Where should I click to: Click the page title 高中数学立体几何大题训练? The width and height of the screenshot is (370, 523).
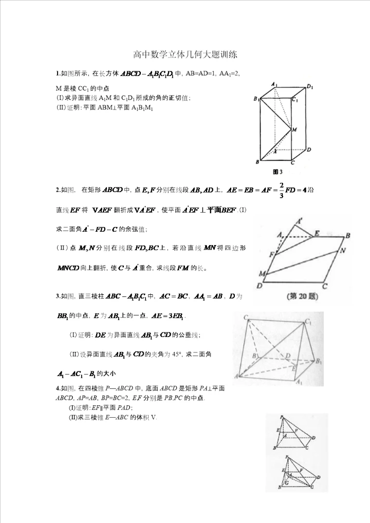185,53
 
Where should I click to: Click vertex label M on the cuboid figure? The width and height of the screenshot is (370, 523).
294,130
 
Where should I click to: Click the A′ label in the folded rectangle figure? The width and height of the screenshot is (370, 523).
299,221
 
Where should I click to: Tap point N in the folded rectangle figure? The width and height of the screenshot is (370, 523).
343,251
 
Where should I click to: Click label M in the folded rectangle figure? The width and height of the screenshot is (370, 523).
263,272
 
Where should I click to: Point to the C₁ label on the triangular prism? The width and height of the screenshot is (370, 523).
308,321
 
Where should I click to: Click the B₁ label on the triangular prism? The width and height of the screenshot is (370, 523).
319,361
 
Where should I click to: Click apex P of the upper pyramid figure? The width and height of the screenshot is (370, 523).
282,417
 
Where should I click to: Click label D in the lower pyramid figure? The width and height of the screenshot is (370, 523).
319,477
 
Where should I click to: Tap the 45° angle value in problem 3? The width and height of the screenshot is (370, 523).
183,354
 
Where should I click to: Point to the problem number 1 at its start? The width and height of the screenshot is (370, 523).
58,73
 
